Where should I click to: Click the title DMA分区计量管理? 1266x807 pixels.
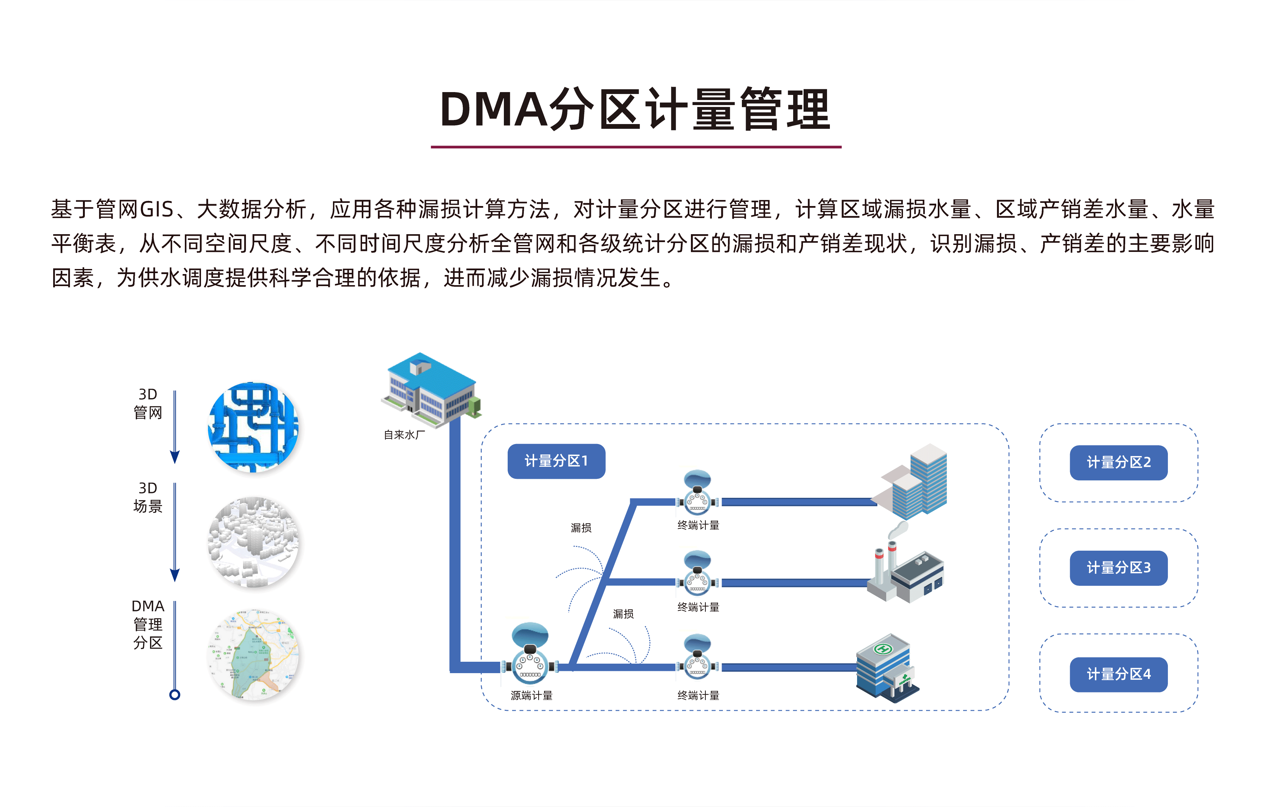[x=635, y=110]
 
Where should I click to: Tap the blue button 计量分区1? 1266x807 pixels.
[x=556, y=461]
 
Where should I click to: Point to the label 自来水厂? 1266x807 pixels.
[x=404, y=435]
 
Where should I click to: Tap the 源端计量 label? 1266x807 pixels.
[x=531, y=696]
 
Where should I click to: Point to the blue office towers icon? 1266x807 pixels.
[x=915, y=481]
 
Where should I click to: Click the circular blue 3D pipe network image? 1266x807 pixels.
[x=254, y=427]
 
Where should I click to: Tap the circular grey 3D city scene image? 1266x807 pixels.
[x=254, y=541]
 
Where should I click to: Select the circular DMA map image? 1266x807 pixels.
[x=254, y=654]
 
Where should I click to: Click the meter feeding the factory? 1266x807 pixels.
[x=697, y=573]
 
